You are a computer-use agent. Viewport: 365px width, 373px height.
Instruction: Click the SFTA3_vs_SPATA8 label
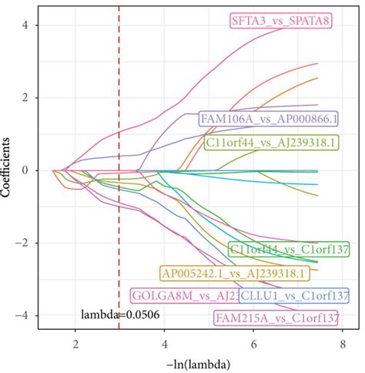[280, 21]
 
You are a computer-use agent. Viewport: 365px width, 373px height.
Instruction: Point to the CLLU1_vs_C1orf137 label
[293, 295]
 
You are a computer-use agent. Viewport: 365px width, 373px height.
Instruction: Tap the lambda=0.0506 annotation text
[116, 314]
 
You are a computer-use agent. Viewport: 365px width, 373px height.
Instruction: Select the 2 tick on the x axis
[75, 341]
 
